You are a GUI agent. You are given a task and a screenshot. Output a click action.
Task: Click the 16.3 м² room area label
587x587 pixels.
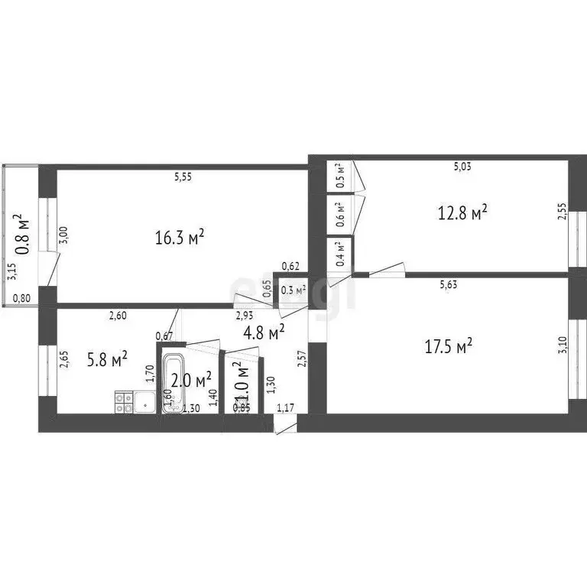coord(180,238)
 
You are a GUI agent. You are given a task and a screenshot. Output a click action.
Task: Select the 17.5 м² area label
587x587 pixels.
coord(448,347)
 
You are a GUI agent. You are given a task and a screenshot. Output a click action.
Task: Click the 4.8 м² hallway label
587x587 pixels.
coord(264,331)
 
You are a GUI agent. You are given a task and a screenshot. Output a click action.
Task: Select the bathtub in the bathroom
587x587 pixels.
coord(172,384)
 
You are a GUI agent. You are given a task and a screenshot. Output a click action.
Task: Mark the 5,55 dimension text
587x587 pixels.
coord(183,177)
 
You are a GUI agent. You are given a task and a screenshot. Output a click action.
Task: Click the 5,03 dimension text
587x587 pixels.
coord(462,166)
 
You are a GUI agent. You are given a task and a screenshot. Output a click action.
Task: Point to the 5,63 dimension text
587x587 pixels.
coord(449,285)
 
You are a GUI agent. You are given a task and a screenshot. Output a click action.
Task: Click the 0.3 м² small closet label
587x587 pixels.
coord(293,290)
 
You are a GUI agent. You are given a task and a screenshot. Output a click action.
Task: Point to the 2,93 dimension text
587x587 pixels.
coord(245,316)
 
